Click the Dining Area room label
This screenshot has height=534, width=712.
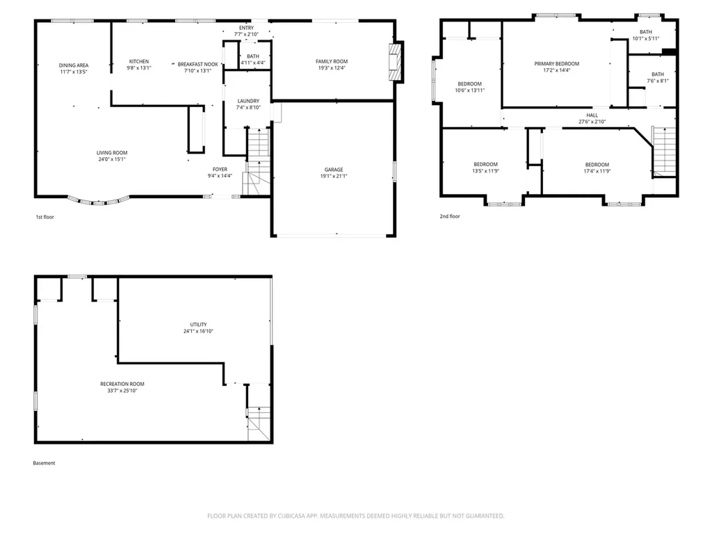coord(74,65)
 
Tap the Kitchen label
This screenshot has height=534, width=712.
coord(139,61)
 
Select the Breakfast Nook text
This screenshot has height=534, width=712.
coord(197,65)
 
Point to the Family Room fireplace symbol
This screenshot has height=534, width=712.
coord(396,62)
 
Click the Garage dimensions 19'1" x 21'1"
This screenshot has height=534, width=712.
coord(334,176)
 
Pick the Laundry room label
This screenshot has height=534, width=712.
coord(248,101)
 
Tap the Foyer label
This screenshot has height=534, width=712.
coord(220,170)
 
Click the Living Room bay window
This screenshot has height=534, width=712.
coord(99,201)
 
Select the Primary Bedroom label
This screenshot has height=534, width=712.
coord(557,63)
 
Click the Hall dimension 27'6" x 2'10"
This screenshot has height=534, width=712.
coord(592,122)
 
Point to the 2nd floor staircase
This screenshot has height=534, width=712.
coord(664,152)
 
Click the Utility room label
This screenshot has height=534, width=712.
coord(198,325)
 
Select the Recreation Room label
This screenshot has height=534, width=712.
coord(122,384)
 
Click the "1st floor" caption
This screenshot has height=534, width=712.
coord(45,217)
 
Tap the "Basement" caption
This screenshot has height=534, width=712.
coord(44,463)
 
